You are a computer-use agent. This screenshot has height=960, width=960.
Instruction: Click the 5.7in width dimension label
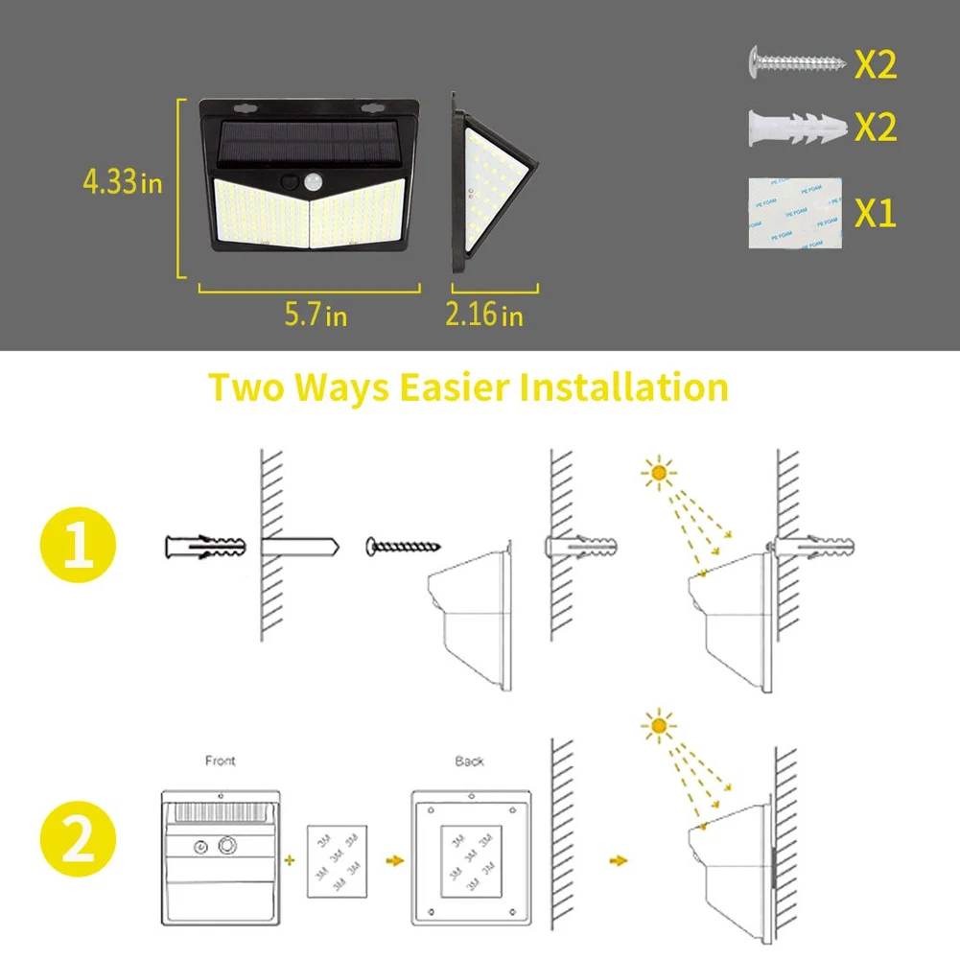point(315,314)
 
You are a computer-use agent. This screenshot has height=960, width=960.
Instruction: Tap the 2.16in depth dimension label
point(484,314)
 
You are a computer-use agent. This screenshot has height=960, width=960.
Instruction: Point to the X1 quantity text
point(875,214)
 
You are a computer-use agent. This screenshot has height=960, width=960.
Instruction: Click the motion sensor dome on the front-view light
point(312,180)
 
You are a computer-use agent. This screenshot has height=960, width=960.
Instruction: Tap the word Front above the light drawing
point(221,761)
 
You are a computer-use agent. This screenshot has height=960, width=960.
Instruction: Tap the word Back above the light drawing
point(470,761)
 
